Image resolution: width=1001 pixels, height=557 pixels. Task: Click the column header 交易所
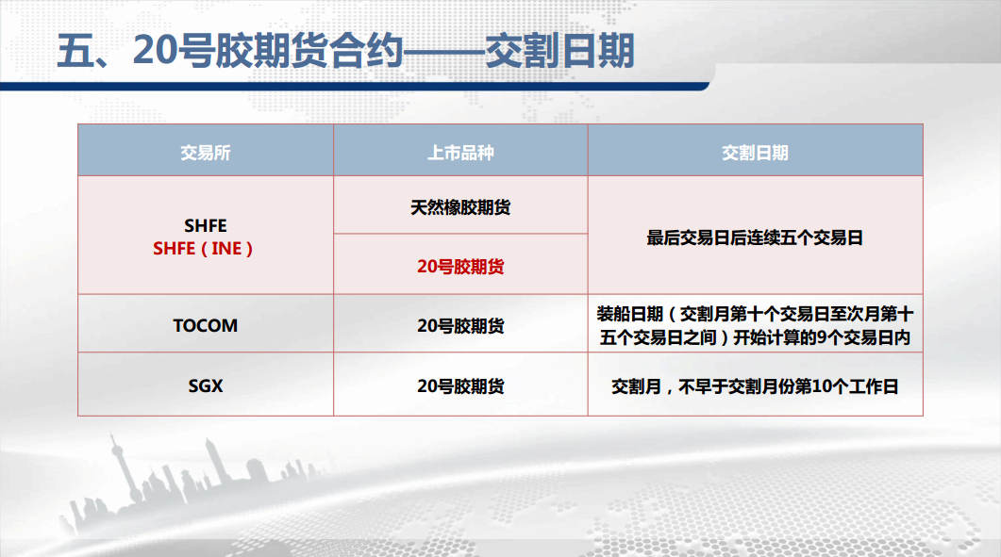pos(205,153)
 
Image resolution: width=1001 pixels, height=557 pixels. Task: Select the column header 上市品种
pos(460,153)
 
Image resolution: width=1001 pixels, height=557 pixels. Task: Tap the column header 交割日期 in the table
pos(755,153)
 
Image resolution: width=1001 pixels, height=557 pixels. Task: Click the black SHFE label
pos(205,226)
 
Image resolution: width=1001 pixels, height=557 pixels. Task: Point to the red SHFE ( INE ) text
pos(203,248)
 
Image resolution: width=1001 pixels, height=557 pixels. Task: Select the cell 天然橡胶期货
pos(460,207)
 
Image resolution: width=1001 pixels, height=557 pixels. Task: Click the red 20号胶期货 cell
pos(460,267)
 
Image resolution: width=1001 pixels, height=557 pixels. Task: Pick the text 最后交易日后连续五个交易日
pos(755,238)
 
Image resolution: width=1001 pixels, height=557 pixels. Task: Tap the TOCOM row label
pos(205,325)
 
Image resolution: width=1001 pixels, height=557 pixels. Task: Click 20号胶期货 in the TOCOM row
pos(460,326)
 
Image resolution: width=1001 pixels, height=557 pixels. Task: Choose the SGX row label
pos(205,386)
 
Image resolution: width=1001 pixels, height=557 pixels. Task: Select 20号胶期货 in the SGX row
pos(460,386)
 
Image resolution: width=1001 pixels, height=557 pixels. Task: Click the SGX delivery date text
pos(755,386)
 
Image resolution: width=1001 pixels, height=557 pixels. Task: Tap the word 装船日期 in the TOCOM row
pos(630,314)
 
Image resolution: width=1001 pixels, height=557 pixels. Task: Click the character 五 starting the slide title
pos(76,51)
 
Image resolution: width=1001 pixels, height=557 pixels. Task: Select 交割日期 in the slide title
pos(559,51)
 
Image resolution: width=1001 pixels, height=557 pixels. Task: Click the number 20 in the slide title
pos(154,50)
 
